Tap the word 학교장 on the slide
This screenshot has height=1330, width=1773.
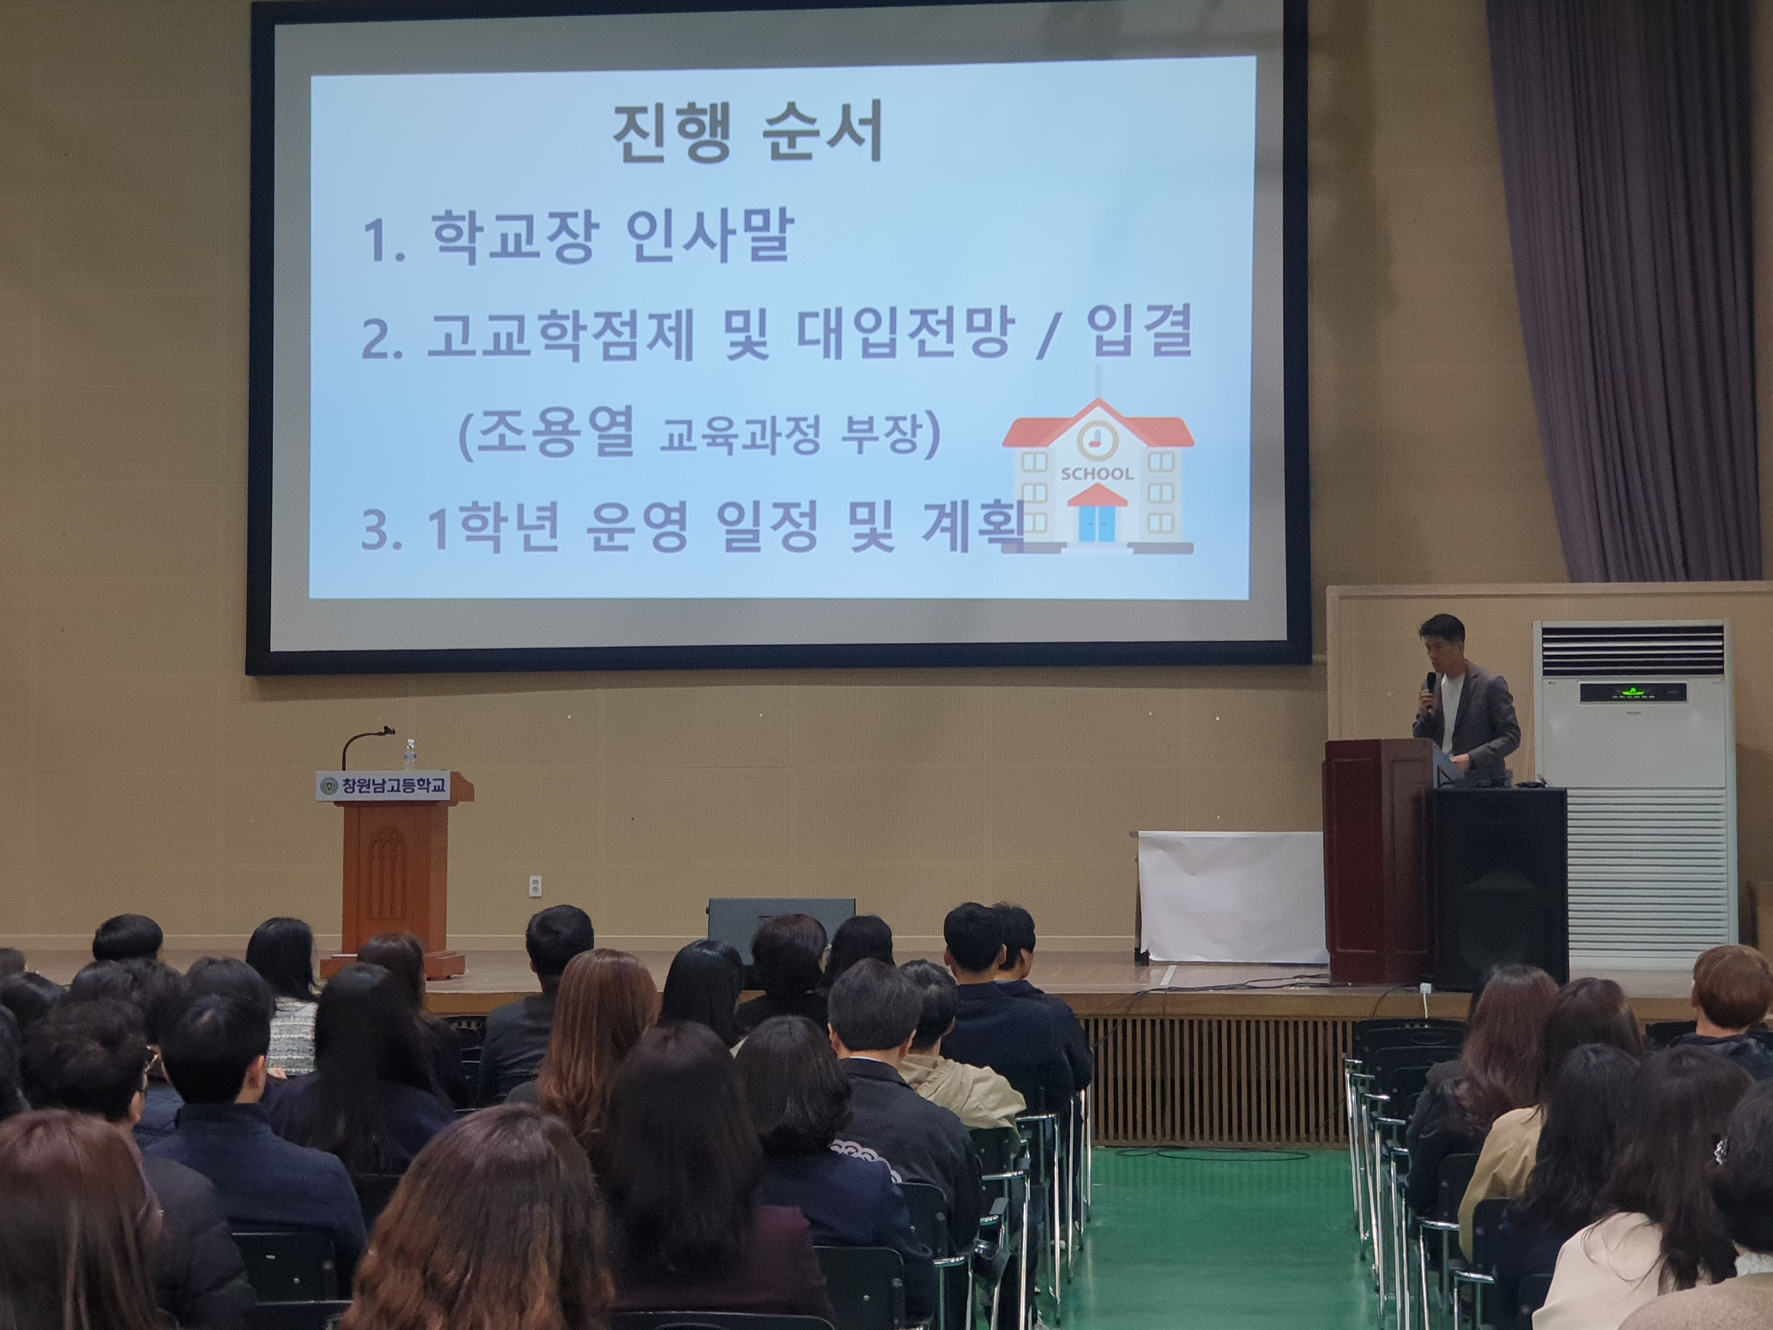512,237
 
